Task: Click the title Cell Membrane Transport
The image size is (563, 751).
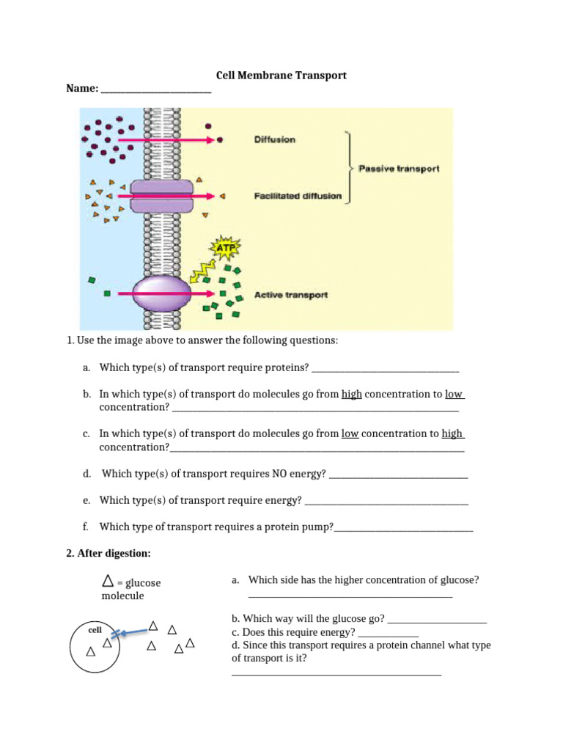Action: (x=281, y=76)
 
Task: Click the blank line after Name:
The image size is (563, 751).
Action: (x=156, y=90)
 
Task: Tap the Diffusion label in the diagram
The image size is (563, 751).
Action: (x=274, y=139)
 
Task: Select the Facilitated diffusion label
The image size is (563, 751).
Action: (x=298, y=196)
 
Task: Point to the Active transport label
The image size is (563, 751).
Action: (x=290, y=295)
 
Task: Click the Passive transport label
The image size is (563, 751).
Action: (x=398, y=169)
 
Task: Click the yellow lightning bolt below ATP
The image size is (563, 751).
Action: (x=199, y=272)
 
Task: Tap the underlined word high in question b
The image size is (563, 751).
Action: (x=352, y=394)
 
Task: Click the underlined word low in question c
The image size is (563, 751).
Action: (x=350, y=433)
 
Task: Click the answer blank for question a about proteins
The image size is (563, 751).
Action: (x=386, y=369)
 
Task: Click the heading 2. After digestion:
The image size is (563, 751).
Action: (x=108, y=552)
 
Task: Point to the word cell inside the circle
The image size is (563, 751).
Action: (x=95, y=630)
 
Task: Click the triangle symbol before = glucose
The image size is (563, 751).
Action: (x=108, y=582)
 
